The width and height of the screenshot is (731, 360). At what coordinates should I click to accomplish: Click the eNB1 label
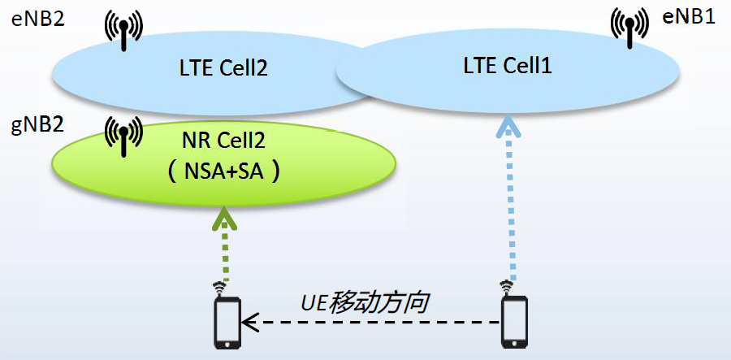689,18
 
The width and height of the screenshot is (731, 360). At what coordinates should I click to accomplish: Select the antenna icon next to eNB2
123,32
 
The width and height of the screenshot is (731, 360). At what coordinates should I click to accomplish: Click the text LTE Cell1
508,66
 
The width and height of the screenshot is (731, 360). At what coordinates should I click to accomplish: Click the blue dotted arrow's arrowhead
508,126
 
